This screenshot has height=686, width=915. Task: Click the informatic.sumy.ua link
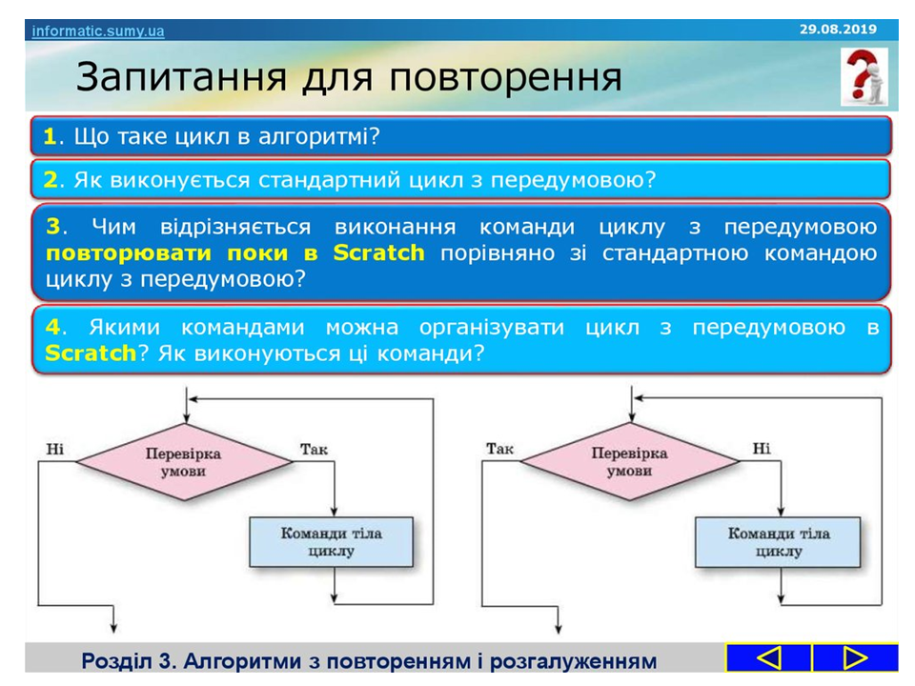(98, 30)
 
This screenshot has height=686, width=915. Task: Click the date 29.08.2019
(838, 30)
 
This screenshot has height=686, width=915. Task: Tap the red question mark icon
(864, 76)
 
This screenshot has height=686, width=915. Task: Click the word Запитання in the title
(181, 77)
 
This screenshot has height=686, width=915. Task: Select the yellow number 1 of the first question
(51, 136)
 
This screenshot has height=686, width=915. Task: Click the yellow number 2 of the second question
(51, 180)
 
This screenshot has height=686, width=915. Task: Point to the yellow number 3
(53, 227)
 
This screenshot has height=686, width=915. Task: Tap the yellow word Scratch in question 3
(378, 252)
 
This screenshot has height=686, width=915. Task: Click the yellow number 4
(52, 327)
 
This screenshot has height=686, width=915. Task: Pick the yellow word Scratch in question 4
(91, 353)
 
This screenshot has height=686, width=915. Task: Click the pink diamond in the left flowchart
(184, 462)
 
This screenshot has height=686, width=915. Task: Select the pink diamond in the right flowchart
(630, 461)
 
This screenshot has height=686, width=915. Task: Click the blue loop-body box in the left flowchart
(332, 542)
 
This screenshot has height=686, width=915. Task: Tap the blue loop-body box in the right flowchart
(778, 542)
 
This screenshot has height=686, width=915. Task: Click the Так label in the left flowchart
(314, 449)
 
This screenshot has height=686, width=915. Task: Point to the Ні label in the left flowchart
(55, 449)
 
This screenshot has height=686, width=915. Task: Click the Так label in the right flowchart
(499, 449)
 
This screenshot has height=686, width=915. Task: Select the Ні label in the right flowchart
(761, 449)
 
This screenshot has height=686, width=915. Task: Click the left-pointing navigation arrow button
(768, 658)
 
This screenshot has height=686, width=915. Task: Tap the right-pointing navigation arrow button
(855, 658)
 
